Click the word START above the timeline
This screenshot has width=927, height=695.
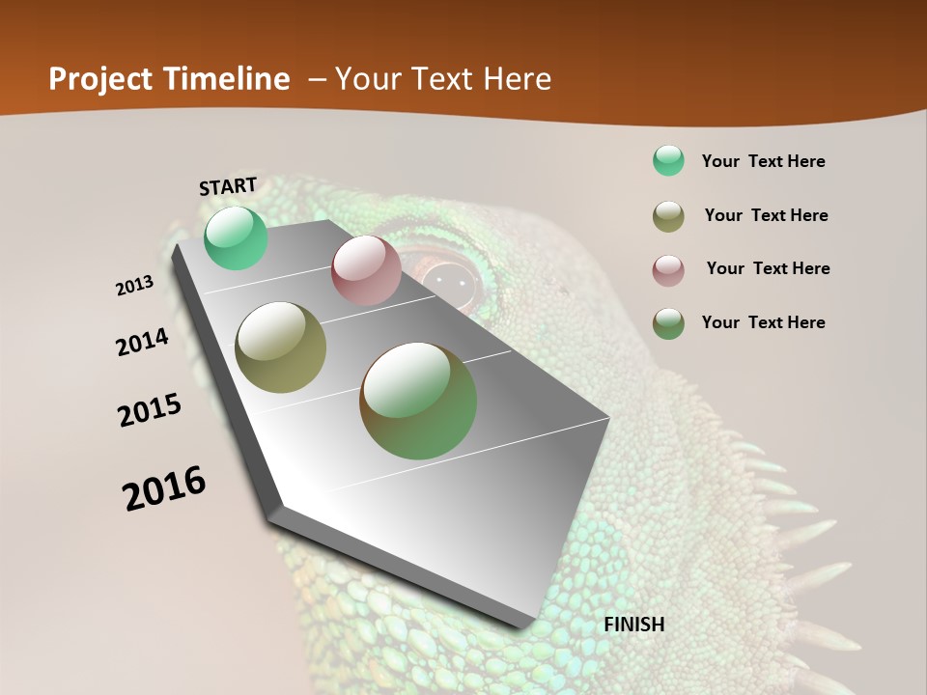228,185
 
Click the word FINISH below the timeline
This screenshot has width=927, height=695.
634,624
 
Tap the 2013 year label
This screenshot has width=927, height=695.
135,286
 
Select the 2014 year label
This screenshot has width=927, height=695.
143,342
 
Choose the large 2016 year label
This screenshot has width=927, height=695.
165,487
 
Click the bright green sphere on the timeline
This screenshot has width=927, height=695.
236,237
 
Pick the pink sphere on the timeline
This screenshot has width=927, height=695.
366,269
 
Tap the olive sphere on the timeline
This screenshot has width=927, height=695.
281,347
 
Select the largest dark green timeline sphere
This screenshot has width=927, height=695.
418,400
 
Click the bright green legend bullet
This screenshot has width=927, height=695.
668,160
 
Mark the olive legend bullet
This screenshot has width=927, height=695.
668,215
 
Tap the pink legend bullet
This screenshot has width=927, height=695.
668,269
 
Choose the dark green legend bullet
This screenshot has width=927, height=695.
668,322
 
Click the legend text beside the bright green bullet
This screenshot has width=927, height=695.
763,161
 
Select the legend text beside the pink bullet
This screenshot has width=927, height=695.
768,268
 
